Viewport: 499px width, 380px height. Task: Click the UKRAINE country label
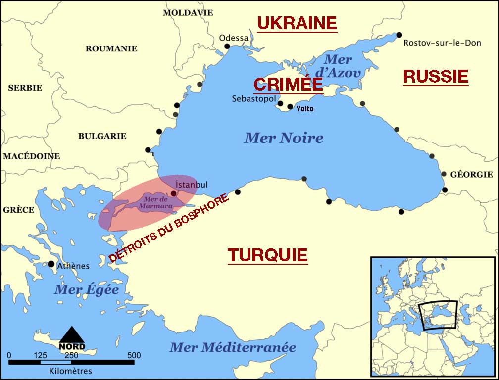[297, 23]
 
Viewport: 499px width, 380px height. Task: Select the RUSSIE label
[436, 76]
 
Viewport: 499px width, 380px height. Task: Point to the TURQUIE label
[268, 255]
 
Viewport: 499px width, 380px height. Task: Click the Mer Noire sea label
[284, 138]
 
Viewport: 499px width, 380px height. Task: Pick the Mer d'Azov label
[338, 66]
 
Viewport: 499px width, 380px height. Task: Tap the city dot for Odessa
[227, 47]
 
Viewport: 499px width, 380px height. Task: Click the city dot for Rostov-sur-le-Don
[399, 35]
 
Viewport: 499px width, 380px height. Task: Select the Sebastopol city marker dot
[280, 104]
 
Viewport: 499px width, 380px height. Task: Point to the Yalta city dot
[290, 107]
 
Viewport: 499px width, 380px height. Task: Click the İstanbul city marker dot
[173, 193]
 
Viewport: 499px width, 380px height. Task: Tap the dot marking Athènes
[50, 264]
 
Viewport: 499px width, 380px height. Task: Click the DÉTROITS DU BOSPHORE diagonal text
[169, 228]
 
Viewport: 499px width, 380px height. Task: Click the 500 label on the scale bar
[134, 355]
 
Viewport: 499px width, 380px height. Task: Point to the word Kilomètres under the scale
[71, 371]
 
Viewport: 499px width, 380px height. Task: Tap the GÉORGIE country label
[471, 174]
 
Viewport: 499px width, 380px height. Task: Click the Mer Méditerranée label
[233, 347]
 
